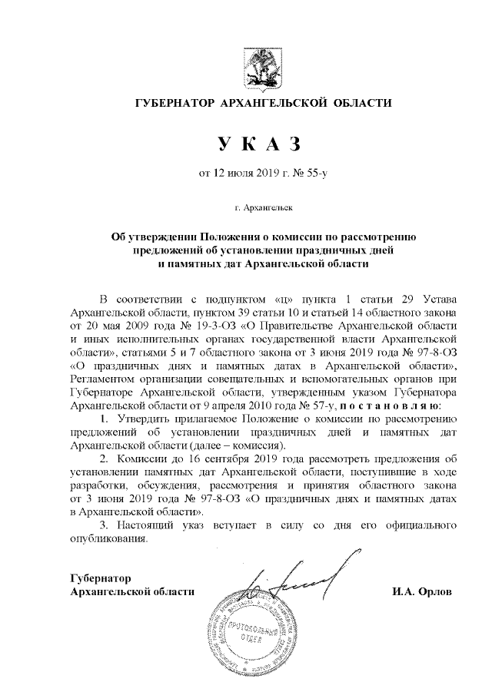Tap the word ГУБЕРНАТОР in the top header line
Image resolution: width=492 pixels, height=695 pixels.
point(175,103)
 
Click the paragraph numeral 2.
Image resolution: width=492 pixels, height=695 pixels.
point(105,458)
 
